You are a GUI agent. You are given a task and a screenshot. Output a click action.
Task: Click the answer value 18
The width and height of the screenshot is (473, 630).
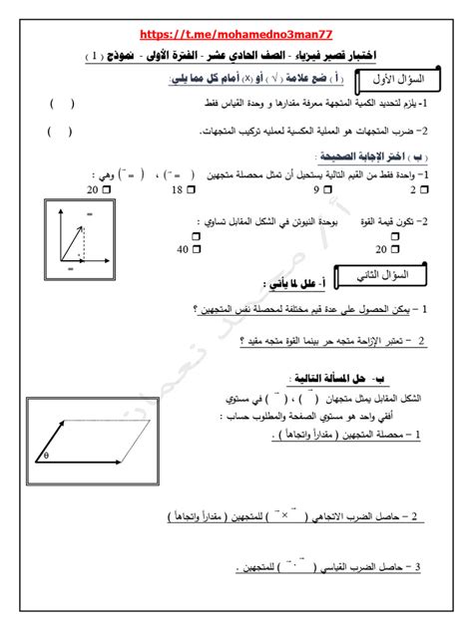click(178, 188)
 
